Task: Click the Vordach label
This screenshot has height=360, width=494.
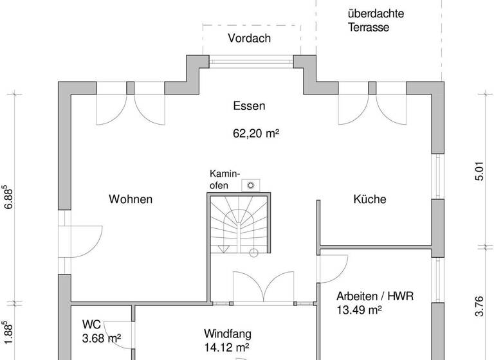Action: (x=249, y=39)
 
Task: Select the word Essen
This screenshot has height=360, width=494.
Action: (x=249, y=106)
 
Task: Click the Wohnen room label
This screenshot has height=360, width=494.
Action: (x=131, y=199)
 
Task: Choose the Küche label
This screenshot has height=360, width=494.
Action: (x=370, y=199)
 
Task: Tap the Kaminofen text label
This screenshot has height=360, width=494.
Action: (x=224, y=179)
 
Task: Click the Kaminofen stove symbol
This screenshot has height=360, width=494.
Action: (x=250, y=185)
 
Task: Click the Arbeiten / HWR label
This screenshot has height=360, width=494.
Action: (x=375, y=296)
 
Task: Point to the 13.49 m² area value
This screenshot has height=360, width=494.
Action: (x=360, y=310)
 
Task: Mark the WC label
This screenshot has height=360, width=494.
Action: (x=91, y=324)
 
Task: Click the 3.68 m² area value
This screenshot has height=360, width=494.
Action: (x=102, y=338)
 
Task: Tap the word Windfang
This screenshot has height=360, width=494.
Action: (x=228, y=334)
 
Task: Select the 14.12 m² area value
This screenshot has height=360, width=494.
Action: (x=226, y=348)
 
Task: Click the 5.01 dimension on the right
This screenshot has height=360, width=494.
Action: (x=479, y=171)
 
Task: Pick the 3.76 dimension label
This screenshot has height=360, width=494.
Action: (x=479, y=306)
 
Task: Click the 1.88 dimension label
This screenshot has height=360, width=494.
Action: (x=10, y=334)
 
